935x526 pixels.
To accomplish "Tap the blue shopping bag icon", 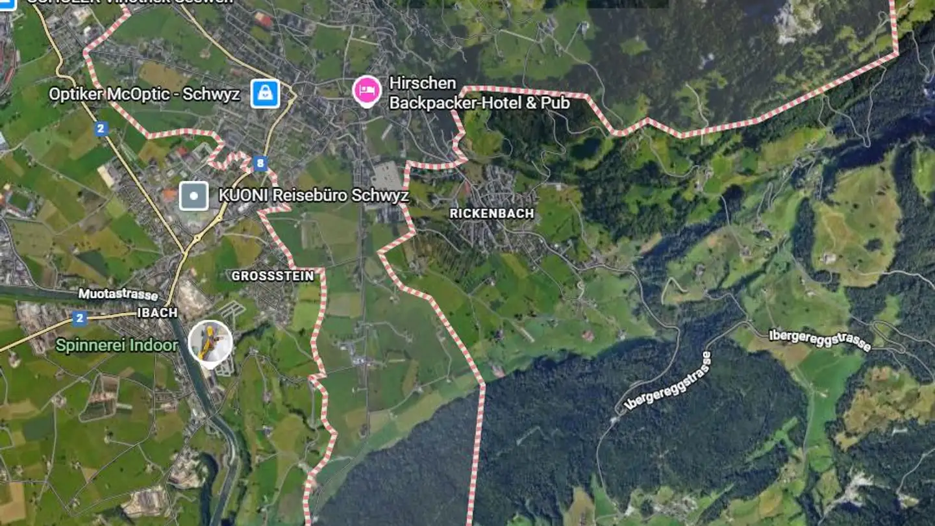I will tap(265, 94).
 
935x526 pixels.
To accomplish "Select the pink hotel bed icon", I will tap(367, 92).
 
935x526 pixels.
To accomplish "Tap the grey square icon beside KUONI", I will tap(193, 195).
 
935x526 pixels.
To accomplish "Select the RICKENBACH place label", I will tap(492, 214).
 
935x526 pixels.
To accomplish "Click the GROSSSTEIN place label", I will tap(273, 276).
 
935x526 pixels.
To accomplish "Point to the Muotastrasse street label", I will tap(118, 295).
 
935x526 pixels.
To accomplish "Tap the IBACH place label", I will tap(157, 312).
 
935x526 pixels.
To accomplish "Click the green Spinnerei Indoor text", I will tap(116, 345).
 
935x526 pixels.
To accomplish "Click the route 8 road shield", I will tap(260, 164).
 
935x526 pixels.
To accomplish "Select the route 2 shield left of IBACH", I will tap(79, 318).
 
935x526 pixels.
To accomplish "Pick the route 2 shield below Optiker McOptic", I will tap(100, 129).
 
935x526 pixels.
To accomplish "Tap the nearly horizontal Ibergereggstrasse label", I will tap(820, 340).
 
